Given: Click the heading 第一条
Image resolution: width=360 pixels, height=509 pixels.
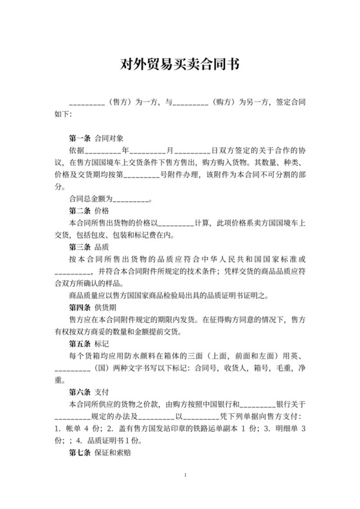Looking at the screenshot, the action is coord(80,138).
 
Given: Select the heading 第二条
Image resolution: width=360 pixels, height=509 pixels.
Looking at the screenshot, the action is coord(80,210).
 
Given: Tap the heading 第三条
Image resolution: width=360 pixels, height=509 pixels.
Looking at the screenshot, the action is coord(80,246).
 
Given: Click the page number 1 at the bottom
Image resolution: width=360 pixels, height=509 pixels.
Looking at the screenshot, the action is coord(184,476).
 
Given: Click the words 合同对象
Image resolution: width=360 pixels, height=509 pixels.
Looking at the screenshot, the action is coord(107,138).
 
